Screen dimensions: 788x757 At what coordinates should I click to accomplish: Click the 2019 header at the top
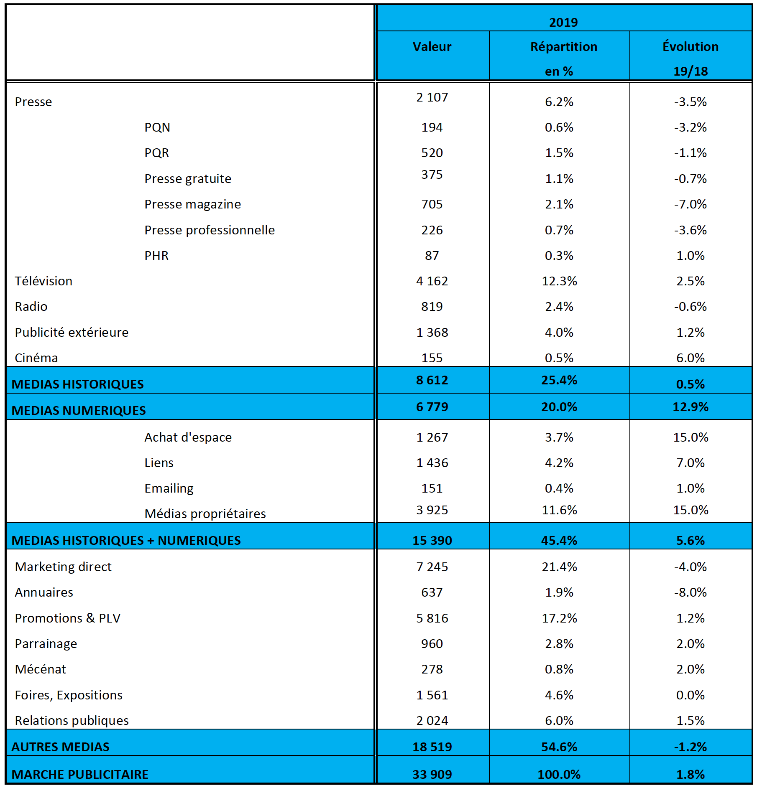(x=563, y=22)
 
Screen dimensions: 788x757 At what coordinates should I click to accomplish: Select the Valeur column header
(x=432, y=46)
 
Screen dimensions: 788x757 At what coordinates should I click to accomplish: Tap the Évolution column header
(x=690, y=46)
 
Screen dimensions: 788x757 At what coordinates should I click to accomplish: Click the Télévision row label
(x=43, y=281)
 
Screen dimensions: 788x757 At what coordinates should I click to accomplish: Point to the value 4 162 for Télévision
(x=432, y=281)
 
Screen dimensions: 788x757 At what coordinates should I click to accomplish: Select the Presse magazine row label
(x=192, y=204)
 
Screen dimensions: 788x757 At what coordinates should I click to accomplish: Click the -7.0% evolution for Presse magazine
(x=690, y=204)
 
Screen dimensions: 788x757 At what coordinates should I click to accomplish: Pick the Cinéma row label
(x=36, y=358)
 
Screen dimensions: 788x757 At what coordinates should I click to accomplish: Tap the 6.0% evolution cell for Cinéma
(x=690, y=358)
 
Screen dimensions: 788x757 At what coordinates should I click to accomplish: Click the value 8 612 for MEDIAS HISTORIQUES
(x=432, y=380)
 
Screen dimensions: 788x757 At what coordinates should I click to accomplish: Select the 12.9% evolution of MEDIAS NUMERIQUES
(x=690, y=407)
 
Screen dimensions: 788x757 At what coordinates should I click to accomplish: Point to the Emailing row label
(x=169, y=488)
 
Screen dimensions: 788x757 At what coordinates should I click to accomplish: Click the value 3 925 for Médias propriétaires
(x=432, y=510)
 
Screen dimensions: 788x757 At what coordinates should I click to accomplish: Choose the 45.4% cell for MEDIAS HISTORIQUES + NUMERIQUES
(x=559, y=541)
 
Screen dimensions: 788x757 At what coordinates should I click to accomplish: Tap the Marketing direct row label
(x=63, y=567)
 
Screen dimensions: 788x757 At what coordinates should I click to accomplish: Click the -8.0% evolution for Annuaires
(x=690, y=592)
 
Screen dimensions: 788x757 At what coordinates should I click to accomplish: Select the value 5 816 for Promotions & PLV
(x=432, y=618)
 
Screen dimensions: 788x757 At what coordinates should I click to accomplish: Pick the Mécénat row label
(x=41, y=669)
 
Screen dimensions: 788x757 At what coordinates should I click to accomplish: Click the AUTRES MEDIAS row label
(x=61, y=747)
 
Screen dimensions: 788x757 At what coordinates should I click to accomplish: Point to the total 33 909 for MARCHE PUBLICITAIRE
(x=432, y=775)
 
